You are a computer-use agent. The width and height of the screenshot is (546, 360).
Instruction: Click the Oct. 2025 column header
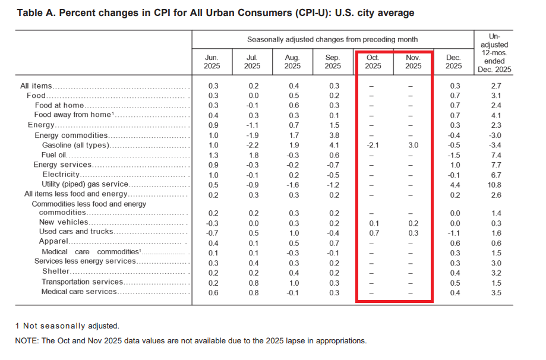(373, 62)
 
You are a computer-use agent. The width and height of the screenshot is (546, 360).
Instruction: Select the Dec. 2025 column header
(453, 62)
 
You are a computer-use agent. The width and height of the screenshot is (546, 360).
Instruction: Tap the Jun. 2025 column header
(212, 62)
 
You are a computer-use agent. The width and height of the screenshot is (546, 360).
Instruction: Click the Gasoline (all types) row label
(77, 145)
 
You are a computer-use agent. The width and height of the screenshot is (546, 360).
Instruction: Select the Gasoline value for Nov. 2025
(412, 145)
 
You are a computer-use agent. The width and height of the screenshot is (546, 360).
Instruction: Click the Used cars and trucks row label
(76, 232)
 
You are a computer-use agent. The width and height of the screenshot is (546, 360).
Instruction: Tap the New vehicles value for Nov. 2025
(412, 222)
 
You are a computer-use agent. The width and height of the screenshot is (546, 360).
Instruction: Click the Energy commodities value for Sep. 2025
(333, 135)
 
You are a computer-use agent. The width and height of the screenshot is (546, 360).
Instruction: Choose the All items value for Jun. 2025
(213, 86)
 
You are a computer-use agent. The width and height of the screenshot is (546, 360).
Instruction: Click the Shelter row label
(56, 271)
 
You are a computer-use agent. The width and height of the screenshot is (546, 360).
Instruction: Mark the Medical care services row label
(78, 292)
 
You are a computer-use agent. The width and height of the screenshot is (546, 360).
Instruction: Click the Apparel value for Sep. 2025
(333, 242)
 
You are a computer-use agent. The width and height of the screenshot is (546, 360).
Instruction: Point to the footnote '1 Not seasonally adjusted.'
(67, 326)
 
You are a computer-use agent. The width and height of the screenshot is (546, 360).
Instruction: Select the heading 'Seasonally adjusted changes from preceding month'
(332, 39)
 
